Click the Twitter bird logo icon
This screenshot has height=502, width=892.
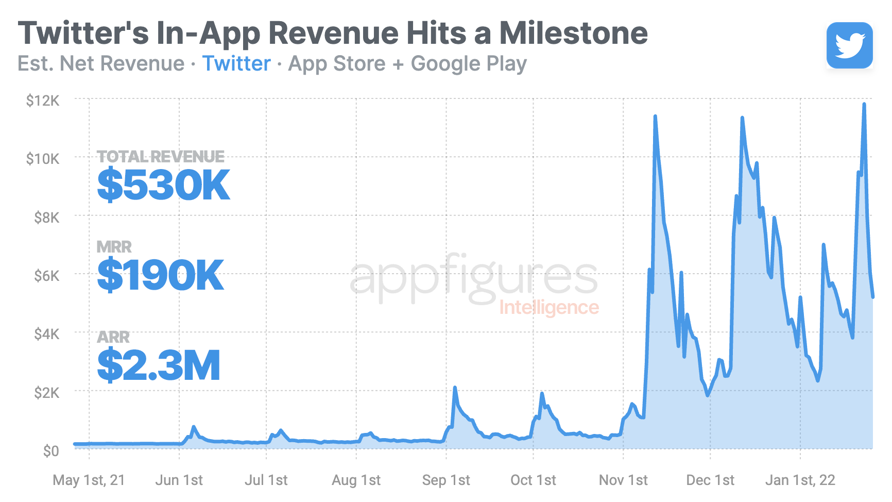pos(849,45)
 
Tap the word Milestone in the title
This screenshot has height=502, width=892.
pos(573,33)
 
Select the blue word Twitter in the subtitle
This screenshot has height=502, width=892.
pos(236,64)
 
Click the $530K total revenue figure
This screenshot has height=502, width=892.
pos(163,185)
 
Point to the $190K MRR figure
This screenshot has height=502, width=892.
pos(160,275)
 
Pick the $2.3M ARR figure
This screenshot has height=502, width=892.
pos(159,365)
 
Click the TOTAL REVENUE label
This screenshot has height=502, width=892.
pos(161,157)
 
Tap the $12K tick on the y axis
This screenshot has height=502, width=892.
pos(43,101)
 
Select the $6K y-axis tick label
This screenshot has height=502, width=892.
pos(46,276)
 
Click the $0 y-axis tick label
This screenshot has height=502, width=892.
pos(51,451)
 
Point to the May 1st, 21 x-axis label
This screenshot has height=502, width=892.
pos(89,480)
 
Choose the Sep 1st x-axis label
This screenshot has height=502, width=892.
pos(446,480)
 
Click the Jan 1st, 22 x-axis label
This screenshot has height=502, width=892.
pos(800,480)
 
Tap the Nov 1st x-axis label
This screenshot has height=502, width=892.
pos(623,480)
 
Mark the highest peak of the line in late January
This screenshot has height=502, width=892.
pos(864,105)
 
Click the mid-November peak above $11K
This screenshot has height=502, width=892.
pos(655,117)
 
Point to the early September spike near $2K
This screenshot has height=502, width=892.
pos(455,388)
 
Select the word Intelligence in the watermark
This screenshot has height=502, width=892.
pos(549,308)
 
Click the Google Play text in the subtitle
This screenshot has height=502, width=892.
pos(469,64)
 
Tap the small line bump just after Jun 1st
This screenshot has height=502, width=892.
pos(194,427)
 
